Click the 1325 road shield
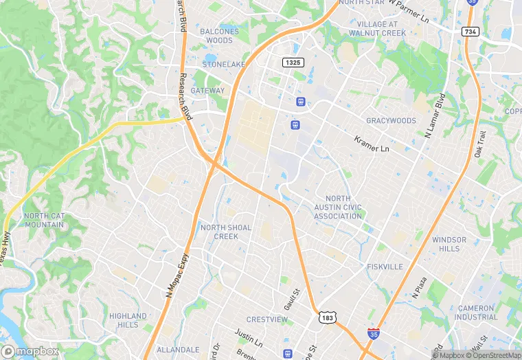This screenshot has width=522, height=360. [x=291, y=63]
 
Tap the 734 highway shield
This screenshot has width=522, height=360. [x=470, y=32]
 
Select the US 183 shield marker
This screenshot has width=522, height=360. [x=327, y=317]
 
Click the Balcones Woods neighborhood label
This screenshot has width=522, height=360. [x=219, y=36]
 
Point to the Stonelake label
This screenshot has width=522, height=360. [x=223, y=65]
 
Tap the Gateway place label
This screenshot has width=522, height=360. [x=207, y=91]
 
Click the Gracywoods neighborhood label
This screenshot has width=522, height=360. [x=391, y=121]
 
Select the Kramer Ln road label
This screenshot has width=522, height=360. [x=372, y=144]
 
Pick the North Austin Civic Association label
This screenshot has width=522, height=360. [x=338, y=207]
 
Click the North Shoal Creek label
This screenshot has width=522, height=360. [x=226, y=232]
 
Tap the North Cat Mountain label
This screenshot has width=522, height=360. [x=44, y=220]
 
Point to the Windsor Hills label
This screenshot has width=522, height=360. [x=449, y=244]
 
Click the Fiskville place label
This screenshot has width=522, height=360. [x=384, y=267]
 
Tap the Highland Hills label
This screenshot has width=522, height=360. [x=128, y=320]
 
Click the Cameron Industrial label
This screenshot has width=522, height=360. [x=475, y=313]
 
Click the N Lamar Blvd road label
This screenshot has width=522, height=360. [x=434, y=115]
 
